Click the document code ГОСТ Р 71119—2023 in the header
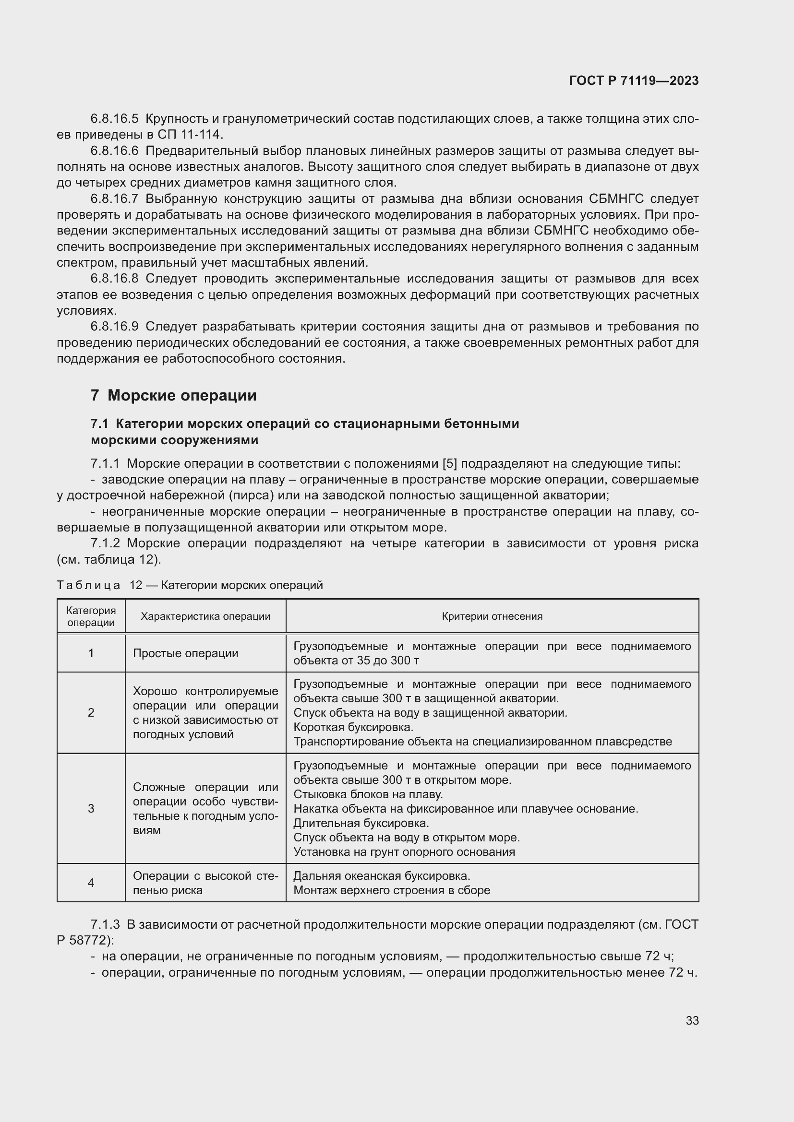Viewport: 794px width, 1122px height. click(x=634, y=81)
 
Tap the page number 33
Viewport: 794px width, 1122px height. click(x=692, y=1020)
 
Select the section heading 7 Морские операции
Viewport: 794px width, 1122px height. click(x=174, y=395)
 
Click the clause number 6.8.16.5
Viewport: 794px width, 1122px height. click(x=114, y=119)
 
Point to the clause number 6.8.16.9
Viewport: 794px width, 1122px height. click(x=114, y=327)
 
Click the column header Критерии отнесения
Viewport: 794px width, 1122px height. click(x=492, y=616)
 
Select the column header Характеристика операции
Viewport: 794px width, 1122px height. click(x=205, y=616)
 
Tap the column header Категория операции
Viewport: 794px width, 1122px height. click(x=91, y=616)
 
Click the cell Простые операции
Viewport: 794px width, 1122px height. click(x=186, y=653)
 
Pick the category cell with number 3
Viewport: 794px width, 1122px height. click(x=91, y=808)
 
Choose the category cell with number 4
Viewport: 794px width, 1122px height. click(x=91, y=883)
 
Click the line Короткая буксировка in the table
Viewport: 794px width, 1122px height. click(x=353, y=727)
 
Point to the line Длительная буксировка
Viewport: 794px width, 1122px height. click(x=361, y=824)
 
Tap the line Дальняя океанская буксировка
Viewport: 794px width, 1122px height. click(x=381, y=876)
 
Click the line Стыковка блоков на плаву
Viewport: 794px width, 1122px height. click(x=368, y=794)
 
